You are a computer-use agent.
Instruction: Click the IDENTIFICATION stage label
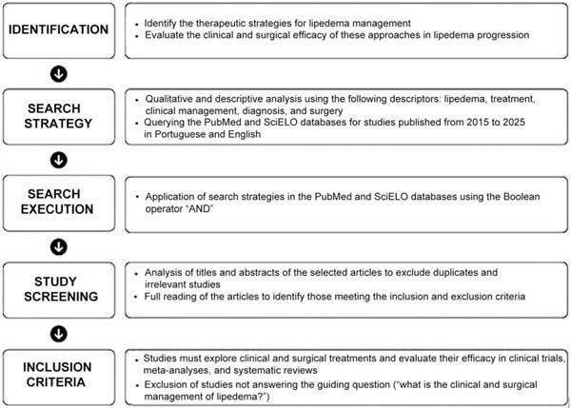58,29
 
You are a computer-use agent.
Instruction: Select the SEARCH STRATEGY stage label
58,114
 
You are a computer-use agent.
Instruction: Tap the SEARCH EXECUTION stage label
58,201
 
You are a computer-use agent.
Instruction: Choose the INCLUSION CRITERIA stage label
58,375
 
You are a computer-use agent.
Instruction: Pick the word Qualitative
171,98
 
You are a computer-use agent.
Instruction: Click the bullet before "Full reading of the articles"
137,299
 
